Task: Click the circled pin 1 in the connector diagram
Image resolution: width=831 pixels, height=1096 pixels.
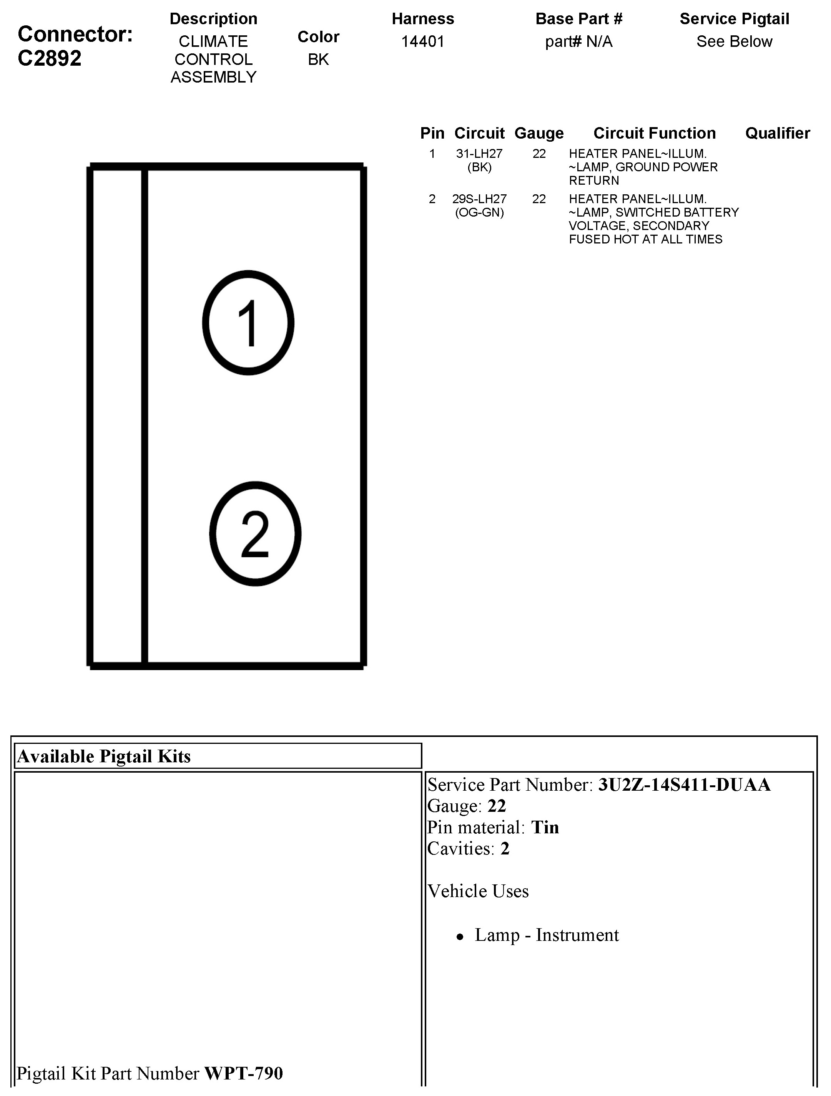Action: (x=248, y=323)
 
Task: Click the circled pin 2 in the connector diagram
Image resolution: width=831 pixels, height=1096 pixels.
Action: (x=255, y=534)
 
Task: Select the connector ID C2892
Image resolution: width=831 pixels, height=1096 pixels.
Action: (x=50, y=58)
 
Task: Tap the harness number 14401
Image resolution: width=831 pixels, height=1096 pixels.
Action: (x=422, y=41)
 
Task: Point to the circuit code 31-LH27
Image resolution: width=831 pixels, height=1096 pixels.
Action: (x=479, y=154)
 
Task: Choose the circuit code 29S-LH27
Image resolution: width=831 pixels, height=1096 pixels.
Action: (x=479, y=199)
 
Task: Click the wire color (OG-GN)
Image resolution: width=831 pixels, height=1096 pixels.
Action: (x=479, y=213)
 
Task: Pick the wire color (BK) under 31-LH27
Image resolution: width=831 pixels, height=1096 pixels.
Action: (x=479, y=167)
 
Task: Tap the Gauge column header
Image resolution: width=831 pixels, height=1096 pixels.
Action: (x=539, y=133)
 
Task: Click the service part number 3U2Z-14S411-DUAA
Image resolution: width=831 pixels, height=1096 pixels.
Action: (x=684, y=785)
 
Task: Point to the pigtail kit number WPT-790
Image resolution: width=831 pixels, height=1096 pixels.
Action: (x=243, y=1073)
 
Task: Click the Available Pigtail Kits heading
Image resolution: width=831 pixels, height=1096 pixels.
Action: (x=104, y=757)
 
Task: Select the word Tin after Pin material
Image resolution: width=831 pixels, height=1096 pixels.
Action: (x=545, y=828)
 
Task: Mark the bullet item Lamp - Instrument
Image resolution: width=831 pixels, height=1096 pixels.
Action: (x=547, y=935)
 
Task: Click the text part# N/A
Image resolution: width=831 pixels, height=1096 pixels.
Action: (x=578, y=41)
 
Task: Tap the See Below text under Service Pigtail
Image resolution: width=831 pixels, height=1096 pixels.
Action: (x=734, y=41)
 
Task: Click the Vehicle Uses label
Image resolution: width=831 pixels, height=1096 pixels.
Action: (x=478, y=891)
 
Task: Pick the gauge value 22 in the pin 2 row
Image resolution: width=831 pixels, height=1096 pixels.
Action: (x=539, y=199)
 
